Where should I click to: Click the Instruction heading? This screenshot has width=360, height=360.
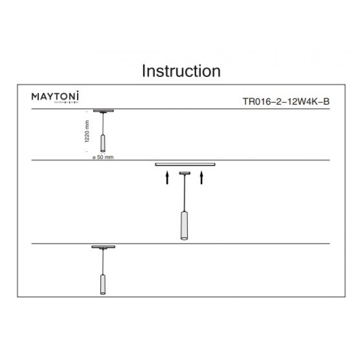181,71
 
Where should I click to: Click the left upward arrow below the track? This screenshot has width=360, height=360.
167,178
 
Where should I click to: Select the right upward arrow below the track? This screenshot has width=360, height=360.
202,178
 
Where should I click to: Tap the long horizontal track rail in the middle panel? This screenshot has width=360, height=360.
185,164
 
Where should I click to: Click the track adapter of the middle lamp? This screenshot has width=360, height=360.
184,173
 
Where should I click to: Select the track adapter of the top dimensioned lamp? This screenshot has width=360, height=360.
103,111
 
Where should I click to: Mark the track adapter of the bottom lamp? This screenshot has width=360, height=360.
103,247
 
